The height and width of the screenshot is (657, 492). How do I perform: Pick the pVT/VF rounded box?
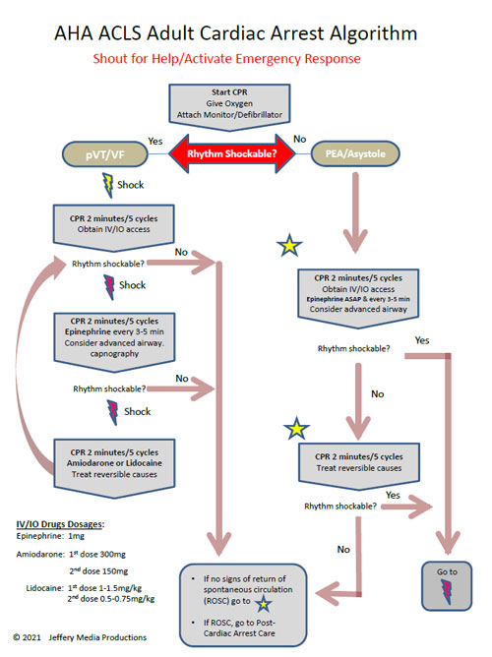click(94, 152)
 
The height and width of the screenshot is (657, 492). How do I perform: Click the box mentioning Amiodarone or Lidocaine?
click(122, 468)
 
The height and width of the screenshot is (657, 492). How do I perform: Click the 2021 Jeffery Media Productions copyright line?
click(87, 637)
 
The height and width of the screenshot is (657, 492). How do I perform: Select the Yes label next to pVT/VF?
click(154, 141)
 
